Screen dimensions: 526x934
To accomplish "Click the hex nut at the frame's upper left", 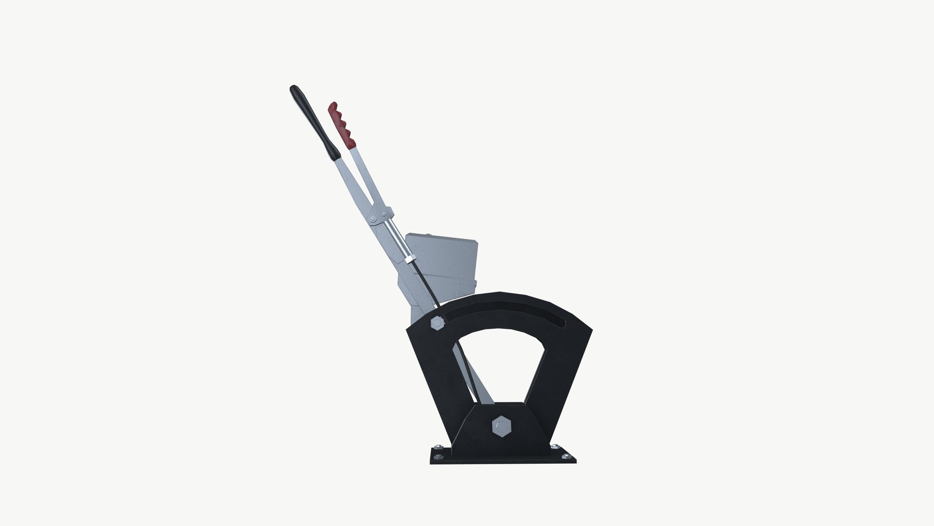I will click(437, 322).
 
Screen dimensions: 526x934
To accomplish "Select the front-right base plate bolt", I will click(566, 457).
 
